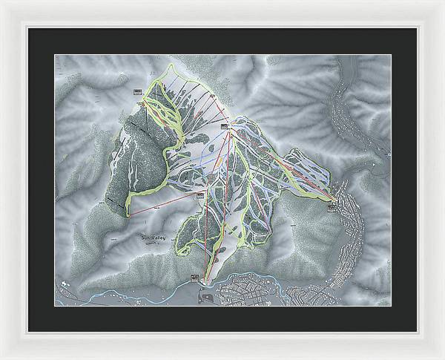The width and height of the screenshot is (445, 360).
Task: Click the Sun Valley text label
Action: pos(154,237)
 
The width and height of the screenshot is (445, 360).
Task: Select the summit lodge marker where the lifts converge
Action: pos(224,126)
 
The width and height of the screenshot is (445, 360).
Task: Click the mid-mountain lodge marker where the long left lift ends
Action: pos(200,194)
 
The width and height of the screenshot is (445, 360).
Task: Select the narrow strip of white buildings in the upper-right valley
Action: pos(349,111)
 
